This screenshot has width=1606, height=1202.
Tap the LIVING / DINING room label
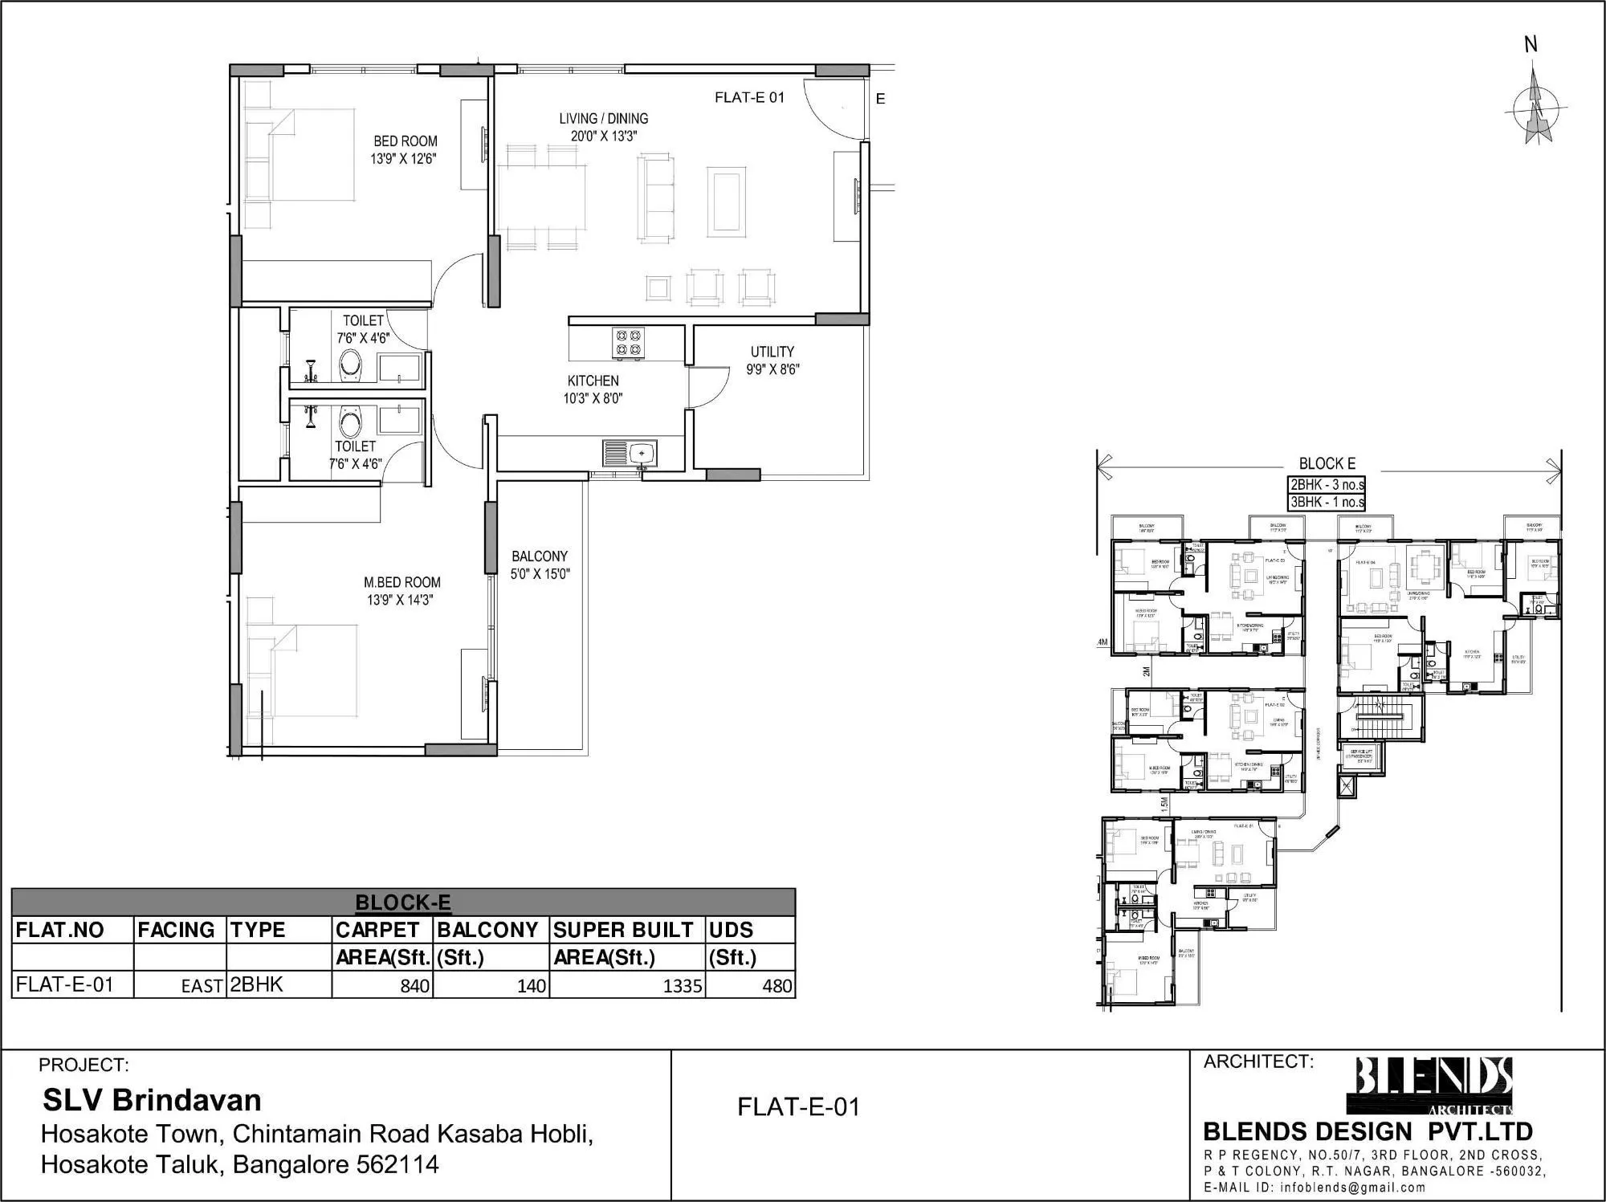[x=604, y=127]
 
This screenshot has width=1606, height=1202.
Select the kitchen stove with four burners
[x=628, y=342]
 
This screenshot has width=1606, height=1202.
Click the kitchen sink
[x=631, y=454]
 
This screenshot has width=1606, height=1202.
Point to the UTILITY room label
[x=772, y=361]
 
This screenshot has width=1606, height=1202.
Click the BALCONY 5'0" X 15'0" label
[x=540, y=564]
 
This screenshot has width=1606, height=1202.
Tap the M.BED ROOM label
[x=401, y=591]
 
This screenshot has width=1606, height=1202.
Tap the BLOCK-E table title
[x=402, y=903]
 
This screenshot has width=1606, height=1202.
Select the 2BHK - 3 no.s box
[x=1327, y=485]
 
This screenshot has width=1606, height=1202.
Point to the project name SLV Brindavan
[x=152, y=1099]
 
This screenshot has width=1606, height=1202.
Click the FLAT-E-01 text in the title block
[x=798, y=1106]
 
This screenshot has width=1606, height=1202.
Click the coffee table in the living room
[x=727, y=201]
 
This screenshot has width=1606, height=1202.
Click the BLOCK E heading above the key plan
[x=1327, y=463]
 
